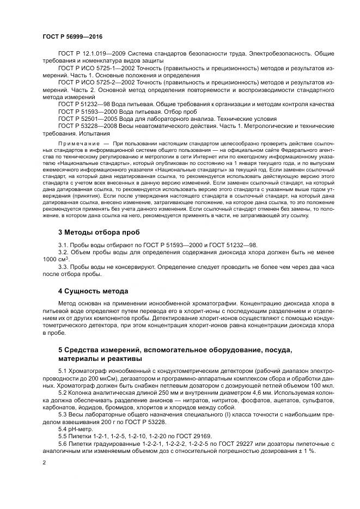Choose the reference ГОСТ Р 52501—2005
[x=85, y=118]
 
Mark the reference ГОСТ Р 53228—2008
[x=85, y=125]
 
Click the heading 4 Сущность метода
[x=93, y=291]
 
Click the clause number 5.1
[x=63, y=371]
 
